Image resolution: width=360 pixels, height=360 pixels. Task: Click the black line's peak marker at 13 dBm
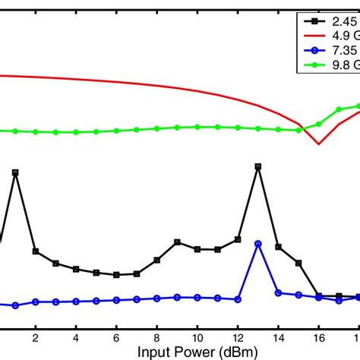coord(258,166)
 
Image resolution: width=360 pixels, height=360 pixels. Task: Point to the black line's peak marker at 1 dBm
coord(15,172)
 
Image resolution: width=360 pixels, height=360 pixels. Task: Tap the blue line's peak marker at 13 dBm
coord(258,244)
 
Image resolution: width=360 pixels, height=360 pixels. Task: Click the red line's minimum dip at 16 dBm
coord(319,144)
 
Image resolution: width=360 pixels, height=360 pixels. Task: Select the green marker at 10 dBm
coord(197,127)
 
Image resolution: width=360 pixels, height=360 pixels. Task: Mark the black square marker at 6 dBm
coord(116,274)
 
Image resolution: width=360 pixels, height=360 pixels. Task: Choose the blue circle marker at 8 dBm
coord(156,298)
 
